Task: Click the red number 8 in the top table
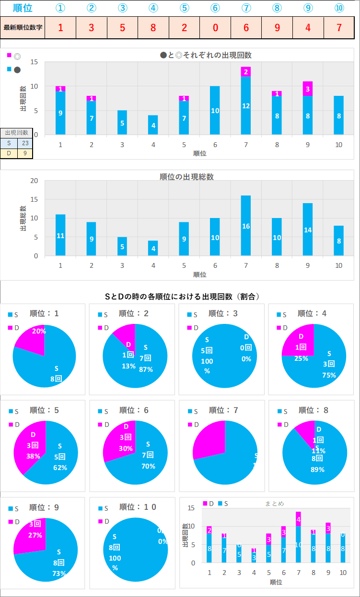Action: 153,27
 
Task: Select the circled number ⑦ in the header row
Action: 246,8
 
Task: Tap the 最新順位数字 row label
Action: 23,27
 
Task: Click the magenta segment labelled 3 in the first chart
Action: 308,89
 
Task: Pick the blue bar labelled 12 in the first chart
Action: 246,105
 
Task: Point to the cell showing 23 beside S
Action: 25,143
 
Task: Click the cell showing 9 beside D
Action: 25,153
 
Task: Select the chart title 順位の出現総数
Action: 186,177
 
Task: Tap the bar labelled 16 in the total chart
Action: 246,226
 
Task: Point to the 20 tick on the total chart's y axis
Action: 34,181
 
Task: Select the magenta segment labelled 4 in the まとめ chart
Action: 298,519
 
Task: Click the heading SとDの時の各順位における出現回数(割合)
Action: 182,297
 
